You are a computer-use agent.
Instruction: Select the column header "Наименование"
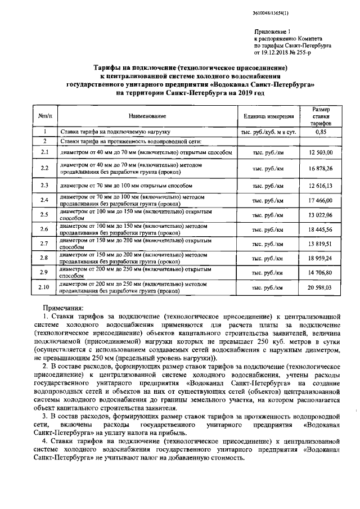(x=147, y=116)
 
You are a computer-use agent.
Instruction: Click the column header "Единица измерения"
(x=268, y=116)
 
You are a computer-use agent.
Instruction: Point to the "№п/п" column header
(x=45, y=116)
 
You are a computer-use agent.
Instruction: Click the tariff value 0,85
(x=321, y=132)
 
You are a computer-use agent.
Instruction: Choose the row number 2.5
(x=45, y=215)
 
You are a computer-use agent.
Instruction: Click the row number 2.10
(x=44, y=287)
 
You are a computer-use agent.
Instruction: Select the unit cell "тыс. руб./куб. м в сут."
(x=268, y=132)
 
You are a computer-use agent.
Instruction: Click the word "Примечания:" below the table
(x=63, y=308)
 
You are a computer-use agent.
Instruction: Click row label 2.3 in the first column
(x=45, y=184)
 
